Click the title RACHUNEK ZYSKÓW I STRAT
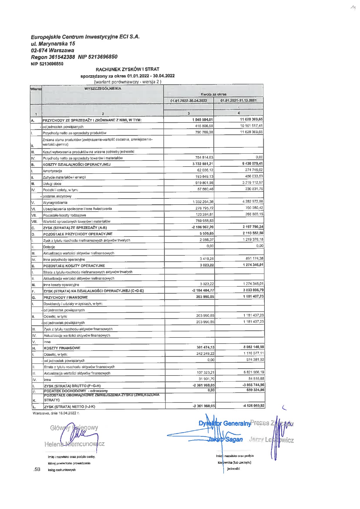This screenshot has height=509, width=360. [127, 69]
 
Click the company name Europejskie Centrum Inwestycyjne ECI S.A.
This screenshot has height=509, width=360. [85, 37]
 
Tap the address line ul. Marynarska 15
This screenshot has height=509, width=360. [53, 44]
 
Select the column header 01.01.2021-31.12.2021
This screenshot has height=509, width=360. [238, 100]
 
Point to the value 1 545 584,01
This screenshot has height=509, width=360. [202, 120]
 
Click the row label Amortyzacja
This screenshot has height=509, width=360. [53, 171]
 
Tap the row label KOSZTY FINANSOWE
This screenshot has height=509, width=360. [62, 348]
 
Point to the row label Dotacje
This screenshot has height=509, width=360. [49, 247]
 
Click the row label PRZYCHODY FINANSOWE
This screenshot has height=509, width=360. [66, 297]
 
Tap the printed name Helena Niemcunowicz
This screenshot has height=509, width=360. [74, 444]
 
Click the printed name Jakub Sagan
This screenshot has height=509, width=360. [225, 440]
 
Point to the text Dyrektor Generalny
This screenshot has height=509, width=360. [224, 423]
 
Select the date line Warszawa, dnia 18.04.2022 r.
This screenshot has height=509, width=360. [56, 413]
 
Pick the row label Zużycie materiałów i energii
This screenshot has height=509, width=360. [64, 177]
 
